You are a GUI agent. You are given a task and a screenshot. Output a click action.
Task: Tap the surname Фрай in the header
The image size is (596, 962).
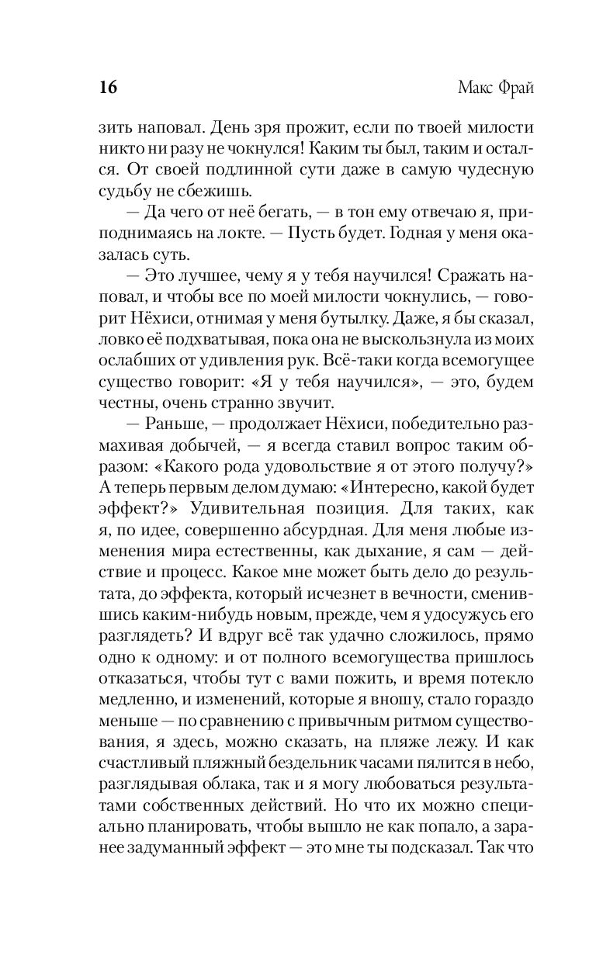pyautogui.click(x=514, y=87)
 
